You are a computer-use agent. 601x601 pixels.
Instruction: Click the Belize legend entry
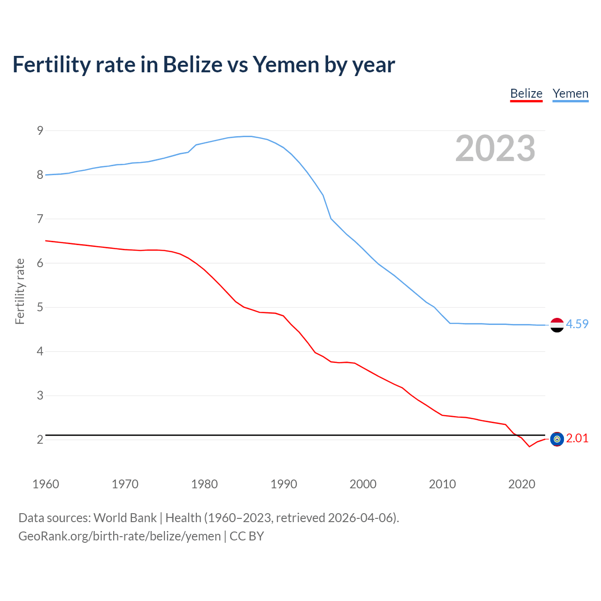point(526,94)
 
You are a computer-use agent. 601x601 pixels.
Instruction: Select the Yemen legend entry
point(570,94)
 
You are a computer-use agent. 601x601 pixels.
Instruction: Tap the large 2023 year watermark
point(495,148)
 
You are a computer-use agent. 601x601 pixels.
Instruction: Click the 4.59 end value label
point(577,324)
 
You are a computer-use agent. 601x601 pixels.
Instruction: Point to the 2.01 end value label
point(577,438)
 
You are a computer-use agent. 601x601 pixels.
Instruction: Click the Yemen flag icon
point(557,325)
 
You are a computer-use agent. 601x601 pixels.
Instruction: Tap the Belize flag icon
point(557,439)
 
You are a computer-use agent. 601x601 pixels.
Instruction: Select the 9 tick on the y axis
point(40,131)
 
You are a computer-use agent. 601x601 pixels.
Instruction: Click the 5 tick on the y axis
point(40,308)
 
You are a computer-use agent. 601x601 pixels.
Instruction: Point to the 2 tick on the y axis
point(40,439)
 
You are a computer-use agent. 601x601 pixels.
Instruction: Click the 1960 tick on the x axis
point(46,484)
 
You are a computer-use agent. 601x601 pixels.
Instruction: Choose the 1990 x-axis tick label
point(284,484)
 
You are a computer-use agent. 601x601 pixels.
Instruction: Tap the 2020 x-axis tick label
point(522,484)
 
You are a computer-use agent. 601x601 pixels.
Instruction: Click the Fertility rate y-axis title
point(20,291)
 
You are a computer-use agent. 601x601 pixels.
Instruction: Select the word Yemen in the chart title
point(286,64)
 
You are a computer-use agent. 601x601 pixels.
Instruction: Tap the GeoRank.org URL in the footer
point(119,536)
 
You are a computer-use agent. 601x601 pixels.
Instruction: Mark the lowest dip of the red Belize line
point(529,446)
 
